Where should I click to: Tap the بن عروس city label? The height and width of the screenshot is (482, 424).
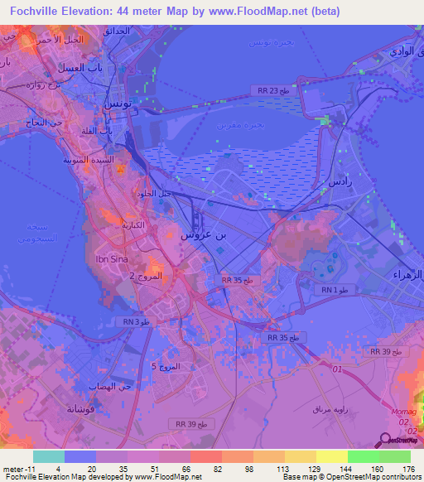coord(202,235)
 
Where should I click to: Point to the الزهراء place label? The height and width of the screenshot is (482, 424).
coord(406,274)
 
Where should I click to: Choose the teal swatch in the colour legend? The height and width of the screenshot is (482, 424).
coord(49,455)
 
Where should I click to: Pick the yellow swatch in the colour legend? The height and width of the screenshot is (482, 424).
coord(331,455)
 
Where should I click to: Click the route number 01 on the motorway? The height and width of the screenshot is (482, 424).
coord(335,369)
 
